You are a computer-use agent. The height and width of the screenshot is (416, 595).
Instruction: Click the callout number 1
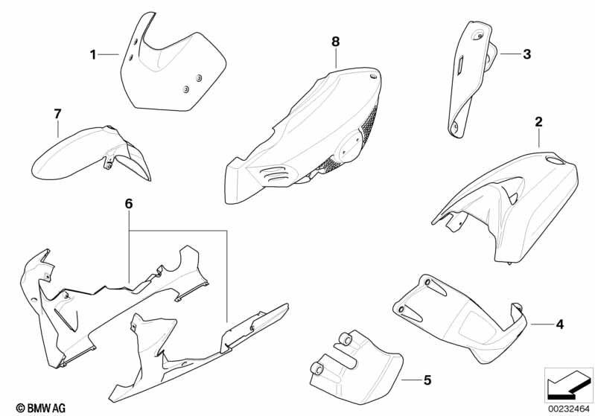coord(93,54)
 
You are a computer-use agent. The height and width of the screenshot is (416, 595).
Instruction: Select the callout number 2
coord(538,122)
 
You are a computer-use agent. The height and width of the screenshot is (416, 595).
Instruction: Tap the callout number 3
coord(526,54)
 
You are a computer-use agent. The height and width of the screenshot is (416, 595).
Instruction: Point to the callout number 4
coord(560,324)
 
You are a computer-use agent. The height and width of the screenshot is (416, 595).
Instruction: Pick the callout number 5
coord(427,380)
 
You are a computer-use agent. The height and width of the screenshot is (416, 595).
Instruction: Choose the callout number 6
coord(129,204)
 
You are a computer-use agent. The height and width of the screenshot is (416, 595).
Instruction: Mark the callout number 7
coord(57,113)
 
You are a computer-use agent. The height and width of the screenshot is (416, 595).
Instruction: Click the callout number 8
coord(335,42)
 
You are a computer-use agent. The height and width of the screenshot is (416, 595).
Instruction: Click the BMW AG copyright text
coord(41,408)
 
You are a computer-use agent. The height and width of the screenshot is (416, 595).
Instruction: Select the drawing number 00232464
coord(569,409)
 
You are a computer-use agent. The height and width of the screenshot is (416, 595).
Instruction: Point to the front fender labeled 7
coord(91,153)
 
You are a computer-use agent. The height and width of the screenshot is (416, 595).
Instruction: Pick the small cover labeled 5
coord(355,366)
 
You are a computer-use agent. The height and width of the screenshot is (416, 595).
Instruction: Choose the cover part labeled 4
coord(461,316)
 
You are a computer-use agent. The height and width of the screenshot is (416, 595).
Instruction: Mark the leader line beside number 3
coord(511,54)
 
